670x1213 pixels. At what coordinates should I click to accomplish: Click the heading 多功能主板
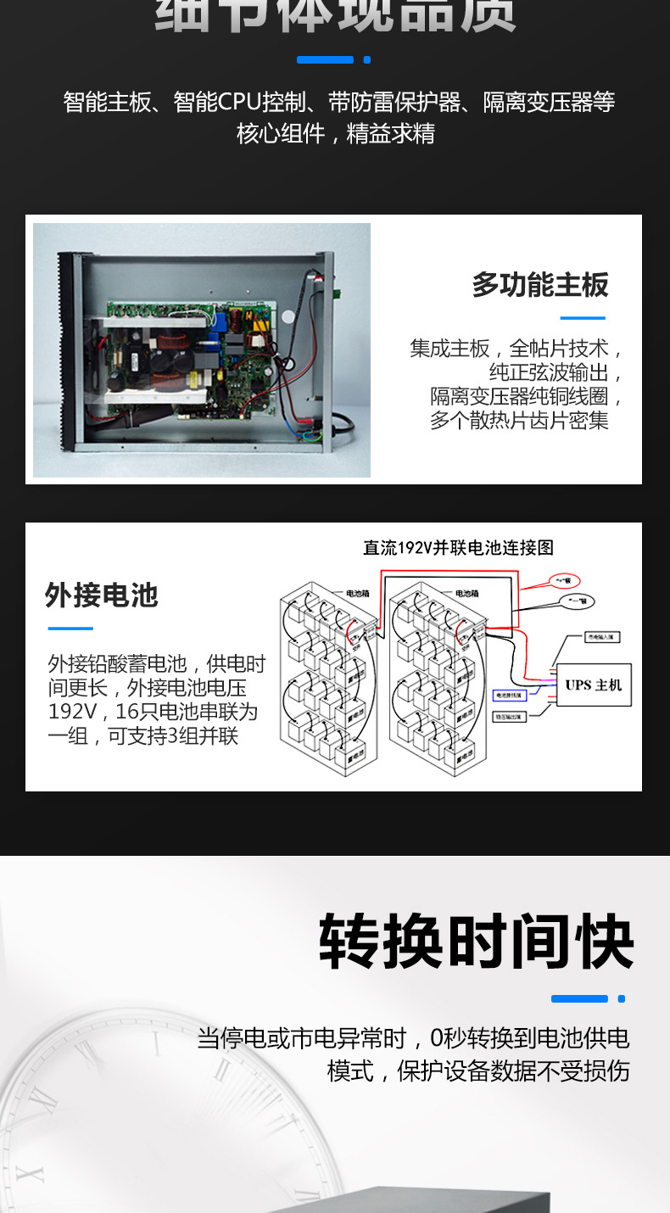coord(540,285)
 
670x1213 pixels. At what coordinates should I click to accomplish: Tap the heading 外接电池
coord(102,595)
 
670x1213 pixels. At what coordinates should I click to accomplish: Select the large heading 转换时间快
coord(477,942)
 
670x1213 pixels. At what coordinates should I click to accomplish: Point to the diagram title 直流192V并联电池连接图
coord(458,548)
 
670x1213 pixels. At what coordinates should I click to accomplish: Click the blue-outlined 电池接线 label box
coord(509,695)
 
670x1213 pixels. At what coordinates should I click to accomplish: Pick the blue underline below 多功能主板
coord(583,318)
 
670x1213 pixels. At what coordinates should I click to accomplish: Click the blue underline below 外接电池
coord(70,629)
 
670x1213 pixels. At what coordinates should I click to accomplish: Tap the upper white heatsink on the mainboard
coord(157,320)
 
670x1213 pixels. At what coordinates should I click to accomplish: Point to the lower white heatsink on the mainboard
coord(157,395)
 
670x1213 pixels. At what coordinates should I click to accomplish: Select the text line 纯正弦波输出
coord(556,372)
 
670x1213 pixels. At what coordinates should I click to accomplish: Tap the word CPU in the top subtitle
coord(240,103)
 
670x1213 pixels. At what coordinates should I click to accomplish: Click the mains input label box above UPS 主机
coord(604,636)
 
